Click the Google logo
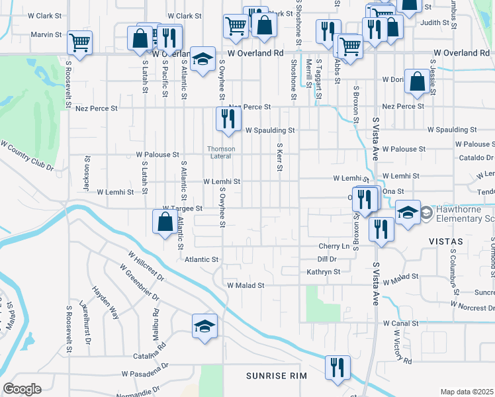(22, 389)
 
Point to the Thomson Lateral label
(220, 153)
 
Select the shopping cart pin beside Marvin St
(79, 43)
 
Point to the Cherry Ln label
(334, 246)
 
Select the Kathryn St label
(323, 272)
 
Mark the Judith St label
(434, 22)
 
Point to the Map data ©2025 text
(467, 392)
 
